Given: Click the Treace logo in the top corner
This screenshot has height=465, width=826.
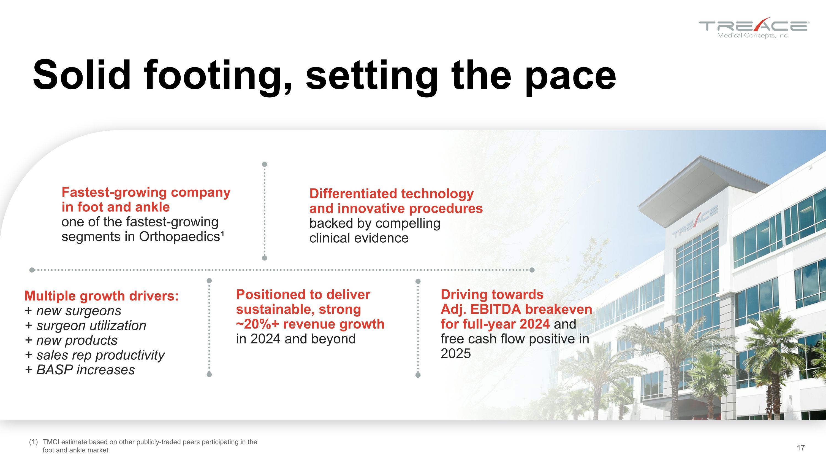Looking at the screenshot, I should pyautogui.click(x=754, y=28).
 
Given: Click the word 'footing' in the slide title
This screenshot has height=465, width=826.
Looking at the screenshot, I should pyautogui.click(x=218, y=76).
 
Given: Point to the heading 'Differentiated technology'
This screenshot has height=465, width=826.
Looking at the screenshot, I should pyautogui.click(x=391, y=193).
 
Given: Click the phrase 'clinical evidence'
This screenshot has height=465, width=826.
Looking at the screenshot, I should pyautogui.click(x=359, y=238).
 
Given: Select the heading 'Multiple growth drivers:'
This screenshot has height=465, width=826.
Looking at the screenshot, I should pyautogui.click(x=102, y=296).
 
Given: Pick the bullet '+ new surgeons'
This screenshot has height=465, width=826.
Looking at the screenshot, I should pyautogui.click(x=73, y=311).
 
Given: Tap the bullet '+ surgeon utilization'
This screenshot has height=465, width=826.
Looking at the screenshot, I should pyautogui.click(x=86, y=326).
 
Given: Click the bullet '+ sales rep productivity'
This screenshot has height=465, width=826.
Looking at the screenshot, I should pyautogui.click(x=95, y=355).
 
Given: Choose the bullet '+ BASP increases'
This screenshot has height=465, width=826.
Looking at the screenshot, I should pyautogui.click(x=80, y=370).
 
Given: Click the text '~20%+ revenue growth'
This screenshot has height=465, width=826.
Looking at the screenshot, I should pyautogui.click(x=310, y=324).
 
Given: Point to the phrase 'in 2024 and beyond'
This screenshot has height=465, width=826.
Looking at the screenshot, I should pyautogui.click(x=296, y=339).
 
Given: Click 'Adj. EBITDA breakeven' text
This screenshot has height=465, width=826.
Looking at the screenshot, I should pyautogui.click(x=516, y=309).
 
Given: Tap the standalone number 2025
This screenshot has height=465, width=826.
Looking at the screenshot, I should pyautogui.click(x=456, y=354).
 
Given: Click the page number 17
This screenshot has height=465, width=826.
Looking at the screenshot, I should pyautogui.click(x=801, y=448).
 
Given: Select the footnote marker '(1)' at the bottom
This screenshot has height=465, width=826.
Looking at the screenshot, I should pyautogui.click(x=33, y=442).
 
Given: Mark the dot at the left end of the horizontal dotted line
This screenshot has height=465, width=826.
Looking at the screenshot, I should pyautogui.click(x=32, y=270).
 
